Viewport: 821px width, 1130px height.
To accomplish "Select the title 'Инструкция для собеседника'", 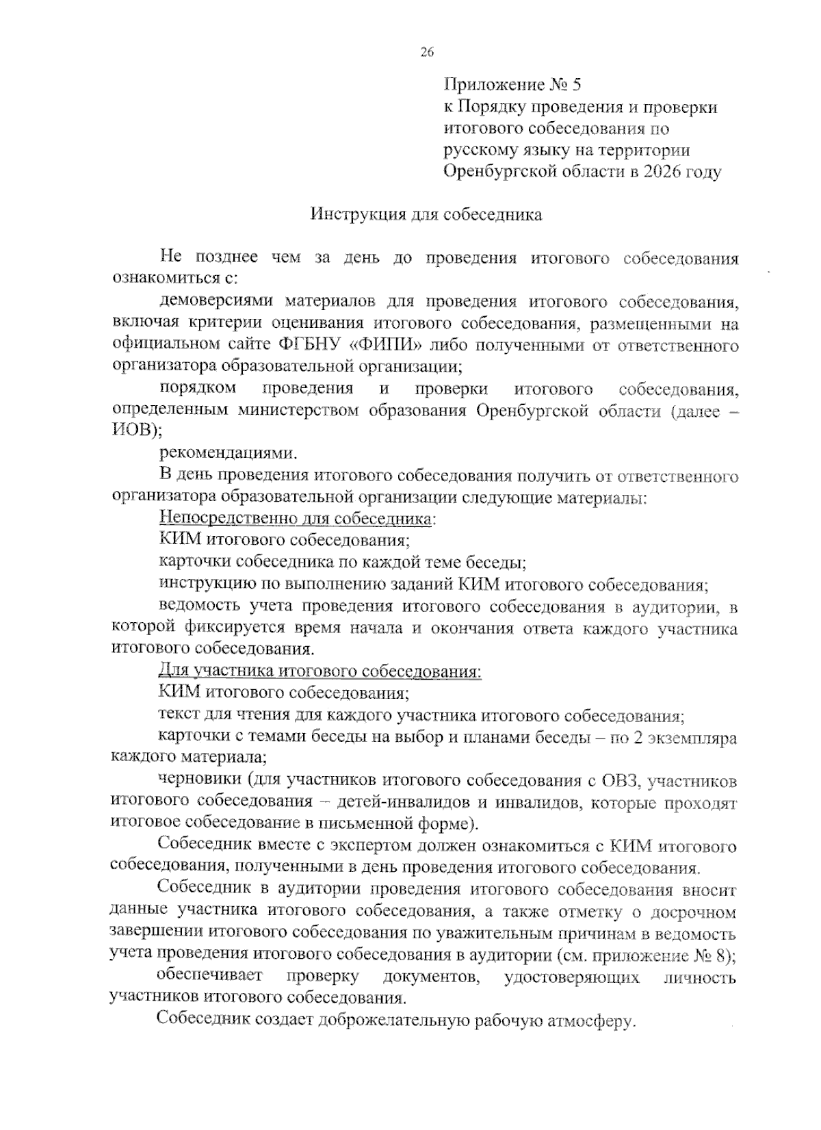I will (426, 215).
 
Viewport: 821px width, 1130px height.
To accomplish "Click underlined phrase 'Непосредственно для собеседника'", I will (296, 519).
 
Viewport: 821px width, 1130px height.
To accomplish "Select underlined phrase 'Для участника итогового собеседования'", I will (320, 671).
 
